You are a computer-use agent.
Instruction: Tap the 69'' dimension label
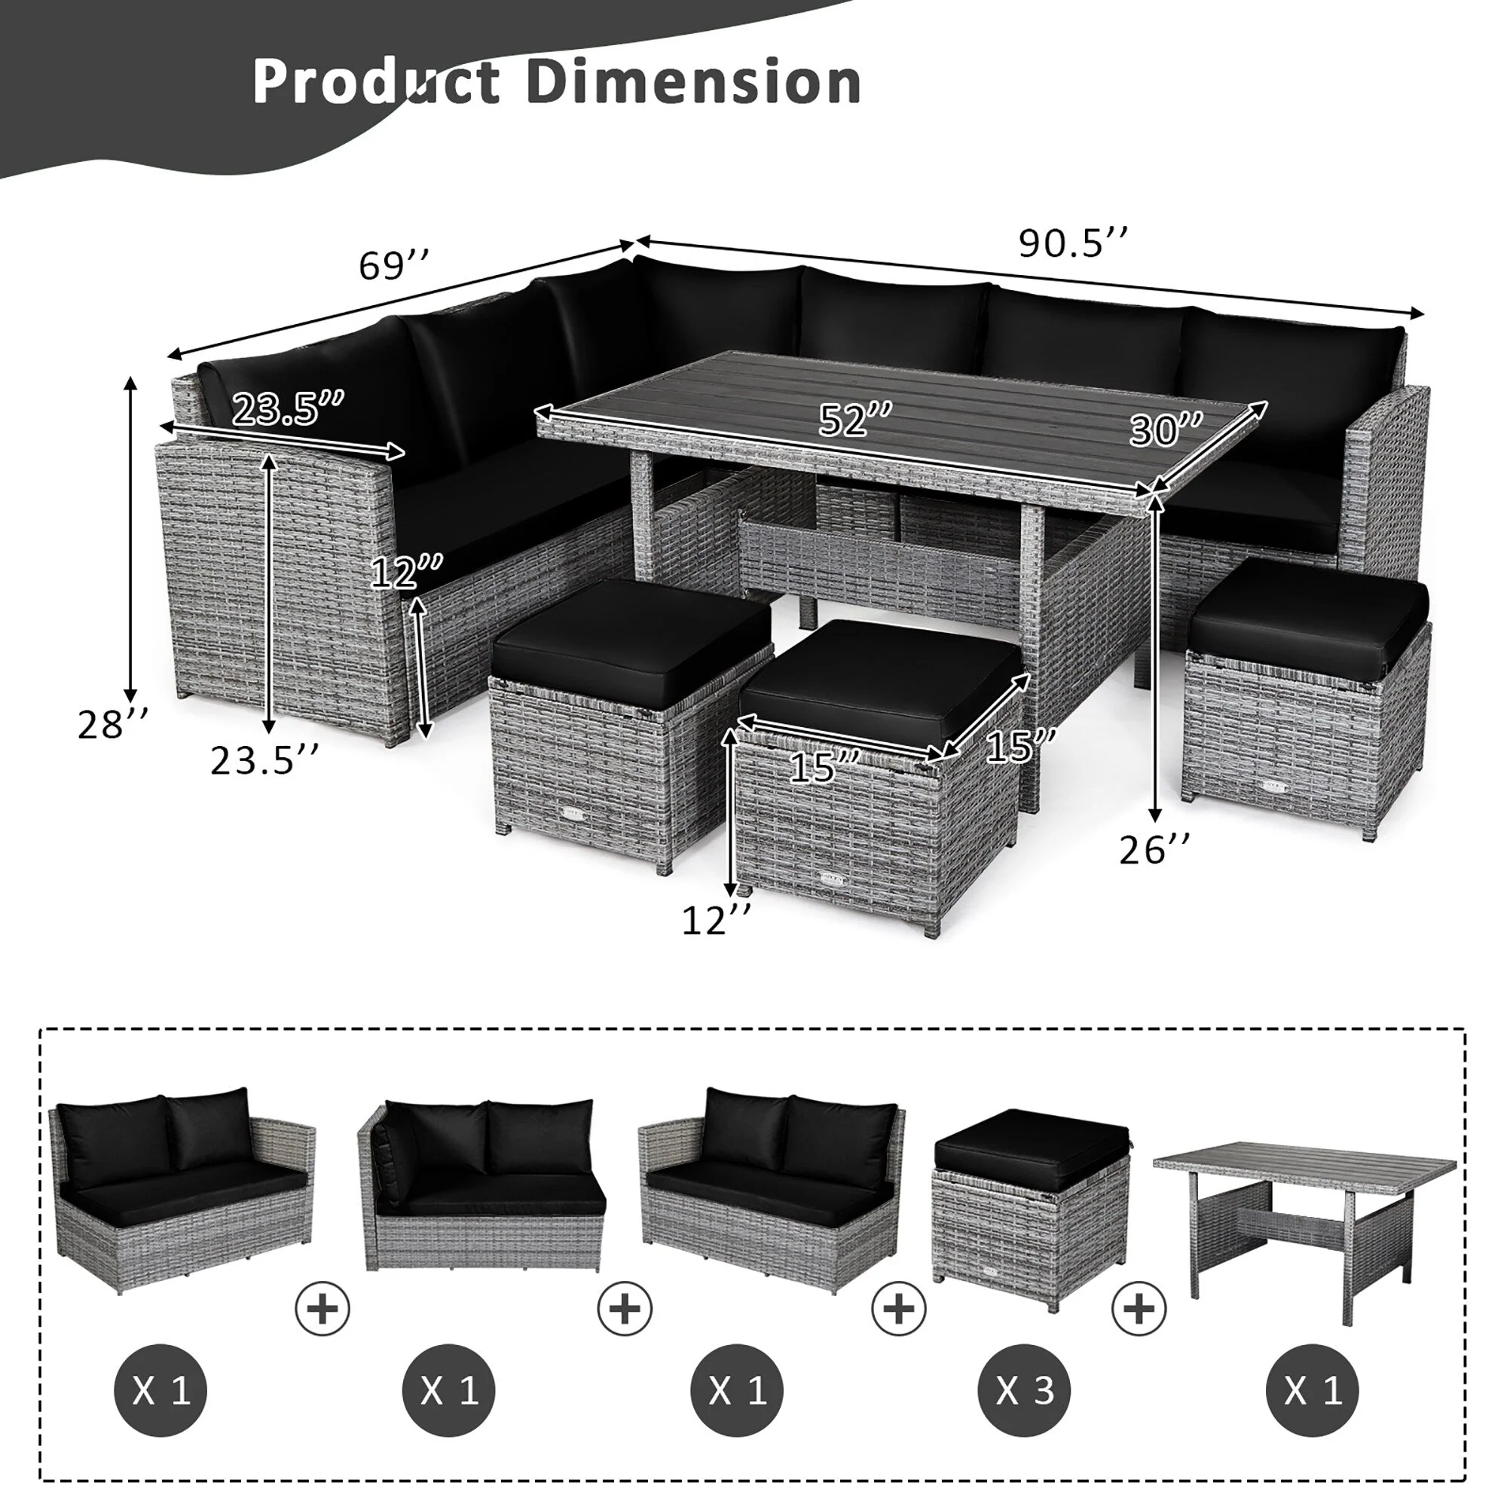[x=394, y=265]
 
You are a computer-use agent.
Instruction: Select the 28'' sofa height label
[x=112, y=724]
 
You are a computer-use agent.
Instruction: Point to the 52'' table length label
[x=855, y=421]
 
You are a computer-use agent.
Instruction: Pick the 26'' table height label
[x=1154, y=848]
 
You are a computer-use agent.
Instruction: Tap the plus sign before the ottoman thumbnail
[x=900, y=1307]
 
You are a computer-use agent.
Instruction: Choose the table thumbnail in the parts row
[x=1304, y=1217]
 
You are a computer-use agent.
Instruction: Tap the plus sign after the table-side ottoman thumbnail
[x=1139, y=1307]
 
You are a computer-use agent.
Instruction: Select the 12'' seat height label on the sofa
[x=406, y=572]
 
